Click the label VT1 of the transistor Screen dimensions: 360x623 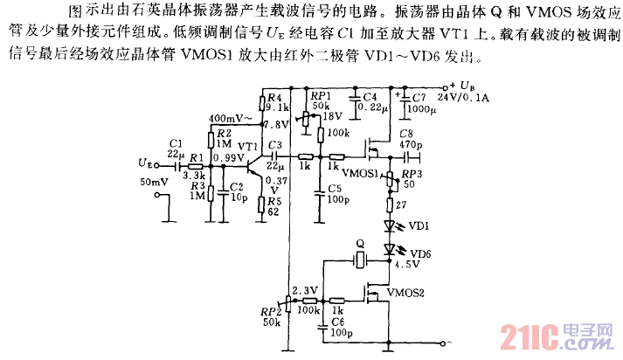247,146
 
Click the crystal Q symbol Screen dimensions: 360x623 359,259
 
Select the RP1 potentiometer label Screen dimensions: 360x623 320,95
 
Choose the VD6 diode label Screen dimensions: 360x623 419,253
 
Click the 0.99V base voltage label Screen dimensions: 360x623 228,158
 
